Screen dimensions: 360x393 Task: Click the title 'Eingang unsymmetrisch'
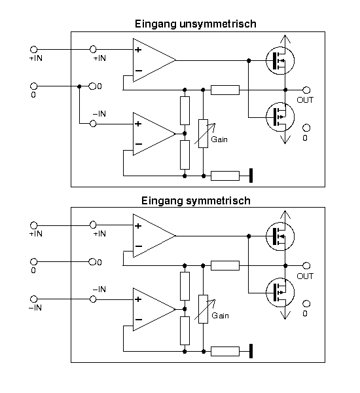196,24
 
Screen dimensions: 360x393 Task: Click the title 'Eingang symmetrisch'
196,201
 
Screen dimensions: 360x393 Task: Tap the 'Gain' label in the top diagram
219,140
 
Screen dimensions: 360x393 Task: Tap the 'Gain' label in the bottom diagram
220,315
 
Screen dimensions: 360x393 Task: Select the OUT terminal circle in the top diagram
306,90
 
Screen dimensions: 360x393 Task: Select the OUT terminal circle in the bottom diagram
306,265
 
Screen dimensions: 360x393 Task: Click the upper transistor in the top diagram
280,60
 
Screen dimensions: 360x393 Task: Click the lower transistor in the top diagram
280,117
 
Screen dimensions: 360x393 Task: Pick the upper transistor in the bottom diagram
280,236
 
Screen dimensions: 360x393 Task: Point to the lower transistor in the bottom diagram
280,293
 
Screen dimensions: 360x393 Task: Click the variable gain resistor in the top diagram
203,134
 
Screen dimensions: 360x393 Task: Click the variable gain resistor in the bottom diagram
203,309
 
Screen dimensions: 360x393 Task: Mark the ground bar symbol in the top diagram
251,176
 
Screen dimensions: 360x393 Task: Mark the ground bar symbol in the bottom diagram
251,351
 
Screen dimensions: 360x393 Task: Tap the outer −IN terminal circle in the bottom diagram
33,299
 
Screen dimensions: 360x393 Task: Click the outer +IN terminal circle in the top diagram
33,49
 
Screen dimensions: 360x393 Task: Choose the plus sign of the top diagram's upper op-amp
138,50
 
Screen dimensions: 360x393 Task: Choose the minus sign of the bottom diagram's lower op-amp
139,320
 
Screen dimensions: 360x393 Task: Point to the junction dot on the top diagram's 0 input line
79,86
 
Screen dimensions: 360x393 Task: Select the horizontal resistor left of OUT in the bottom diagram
225,265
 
